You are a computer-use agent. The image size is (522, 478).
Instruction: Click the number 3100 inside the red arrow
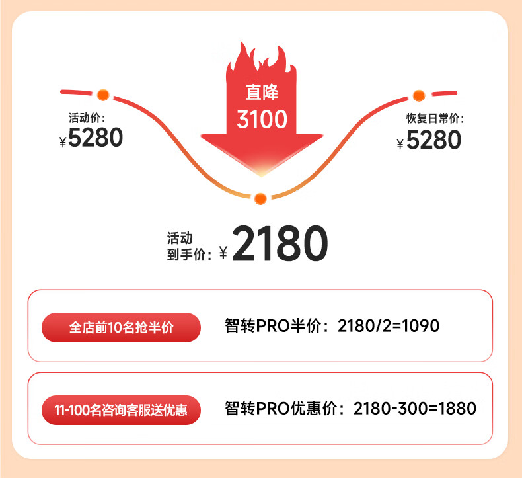pyautogui.click(x=262, y=119)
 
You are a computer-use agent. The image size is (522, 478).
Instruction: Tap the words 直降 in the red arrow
pyautogui.click(x=262, y=93)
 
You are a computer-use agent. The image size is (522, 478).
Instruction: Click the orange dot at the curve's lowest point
pyautogui.click(x=260, y=199)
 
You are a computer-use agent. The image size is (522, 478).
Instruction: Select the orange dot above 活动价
pyautogui.click(x=103, y=95)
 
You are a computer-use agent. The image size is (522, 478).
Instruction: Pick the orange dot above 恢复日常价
pyautogui.click(x=419, y=96)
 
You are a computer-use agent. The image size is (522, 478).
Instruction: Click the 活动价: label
pyautogui.click(x=87, y=118)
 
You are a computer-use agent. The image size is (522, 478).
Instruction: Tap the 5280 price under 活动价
pyautogui.click(x=96, y=138)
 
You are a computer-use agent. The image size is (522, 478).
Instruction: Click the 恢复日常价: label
pyautogui.click(x=435, y=118)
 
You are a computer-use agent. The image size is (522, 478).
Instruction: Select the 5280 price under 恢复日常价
pyautogui.click(x=433, y=139)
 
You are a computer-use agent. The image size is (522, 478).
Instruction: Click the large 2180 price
pyautogui.click(x=280, y=243)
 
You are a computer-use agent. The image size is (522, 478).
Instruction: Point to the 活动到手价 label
pyautogui.click(x=189, y=247)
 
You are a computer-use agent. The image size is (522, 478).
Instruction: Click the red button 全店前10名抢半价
pyautogui.click(x=121, y=327)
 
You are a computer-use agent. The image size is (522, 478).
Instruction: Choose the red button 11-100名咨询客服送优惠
pyautogui.click(x=121, y=410)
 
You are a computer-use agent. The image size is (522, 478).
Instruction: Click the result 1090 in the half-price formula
pyautogui.click(x=421, y=325)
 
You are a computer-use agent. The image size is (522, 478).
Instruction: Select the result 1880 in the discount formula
pyautogui.click(x=457, y=409)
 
